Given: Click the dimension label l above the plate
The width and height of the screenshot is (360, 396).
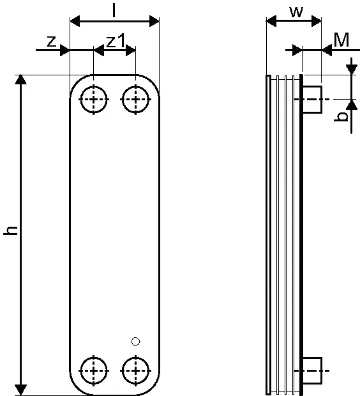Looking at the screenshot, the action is [x=114, y=11].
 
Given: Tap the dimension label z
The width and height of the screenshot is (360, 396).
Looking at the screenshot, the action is [x=51, y=42].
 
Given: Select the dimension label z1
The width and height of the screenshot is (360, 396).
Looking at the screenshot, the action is [x=116, y=41].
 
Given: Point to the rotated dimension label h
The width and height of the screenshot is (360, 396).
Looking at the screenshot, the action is [x=11, y=231].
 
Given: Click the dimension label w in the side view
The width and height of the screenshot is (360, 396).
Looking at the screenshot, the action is [x=296, y=12].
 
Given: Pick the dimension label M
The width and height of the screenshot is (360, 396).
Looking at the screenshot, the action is [x=341, y=40].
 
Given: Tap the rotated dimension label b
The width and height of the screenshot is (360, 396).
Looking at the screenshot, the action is [x=341, y=117].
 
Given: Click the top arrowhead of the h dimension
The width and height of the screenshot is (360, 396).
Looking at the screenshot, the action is [x=20, y=80].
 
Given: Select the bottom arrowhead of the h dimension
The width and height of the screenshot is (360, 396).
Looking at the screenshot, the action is [x=20, y=390].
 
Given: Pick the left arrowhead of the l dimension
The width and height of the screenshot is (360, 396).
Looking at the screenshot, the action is [x=75, y=21].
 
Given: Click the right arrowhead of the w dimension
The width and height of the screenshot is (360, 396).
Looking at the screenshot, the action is [x=317, y=21].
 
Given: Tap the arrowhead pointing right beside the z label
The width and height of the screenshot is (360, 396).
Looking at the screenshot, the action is [x=64, y=50].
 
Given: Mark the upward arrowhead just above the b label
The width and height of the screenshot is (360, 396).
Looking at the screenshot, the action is [x=352, y=105].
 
